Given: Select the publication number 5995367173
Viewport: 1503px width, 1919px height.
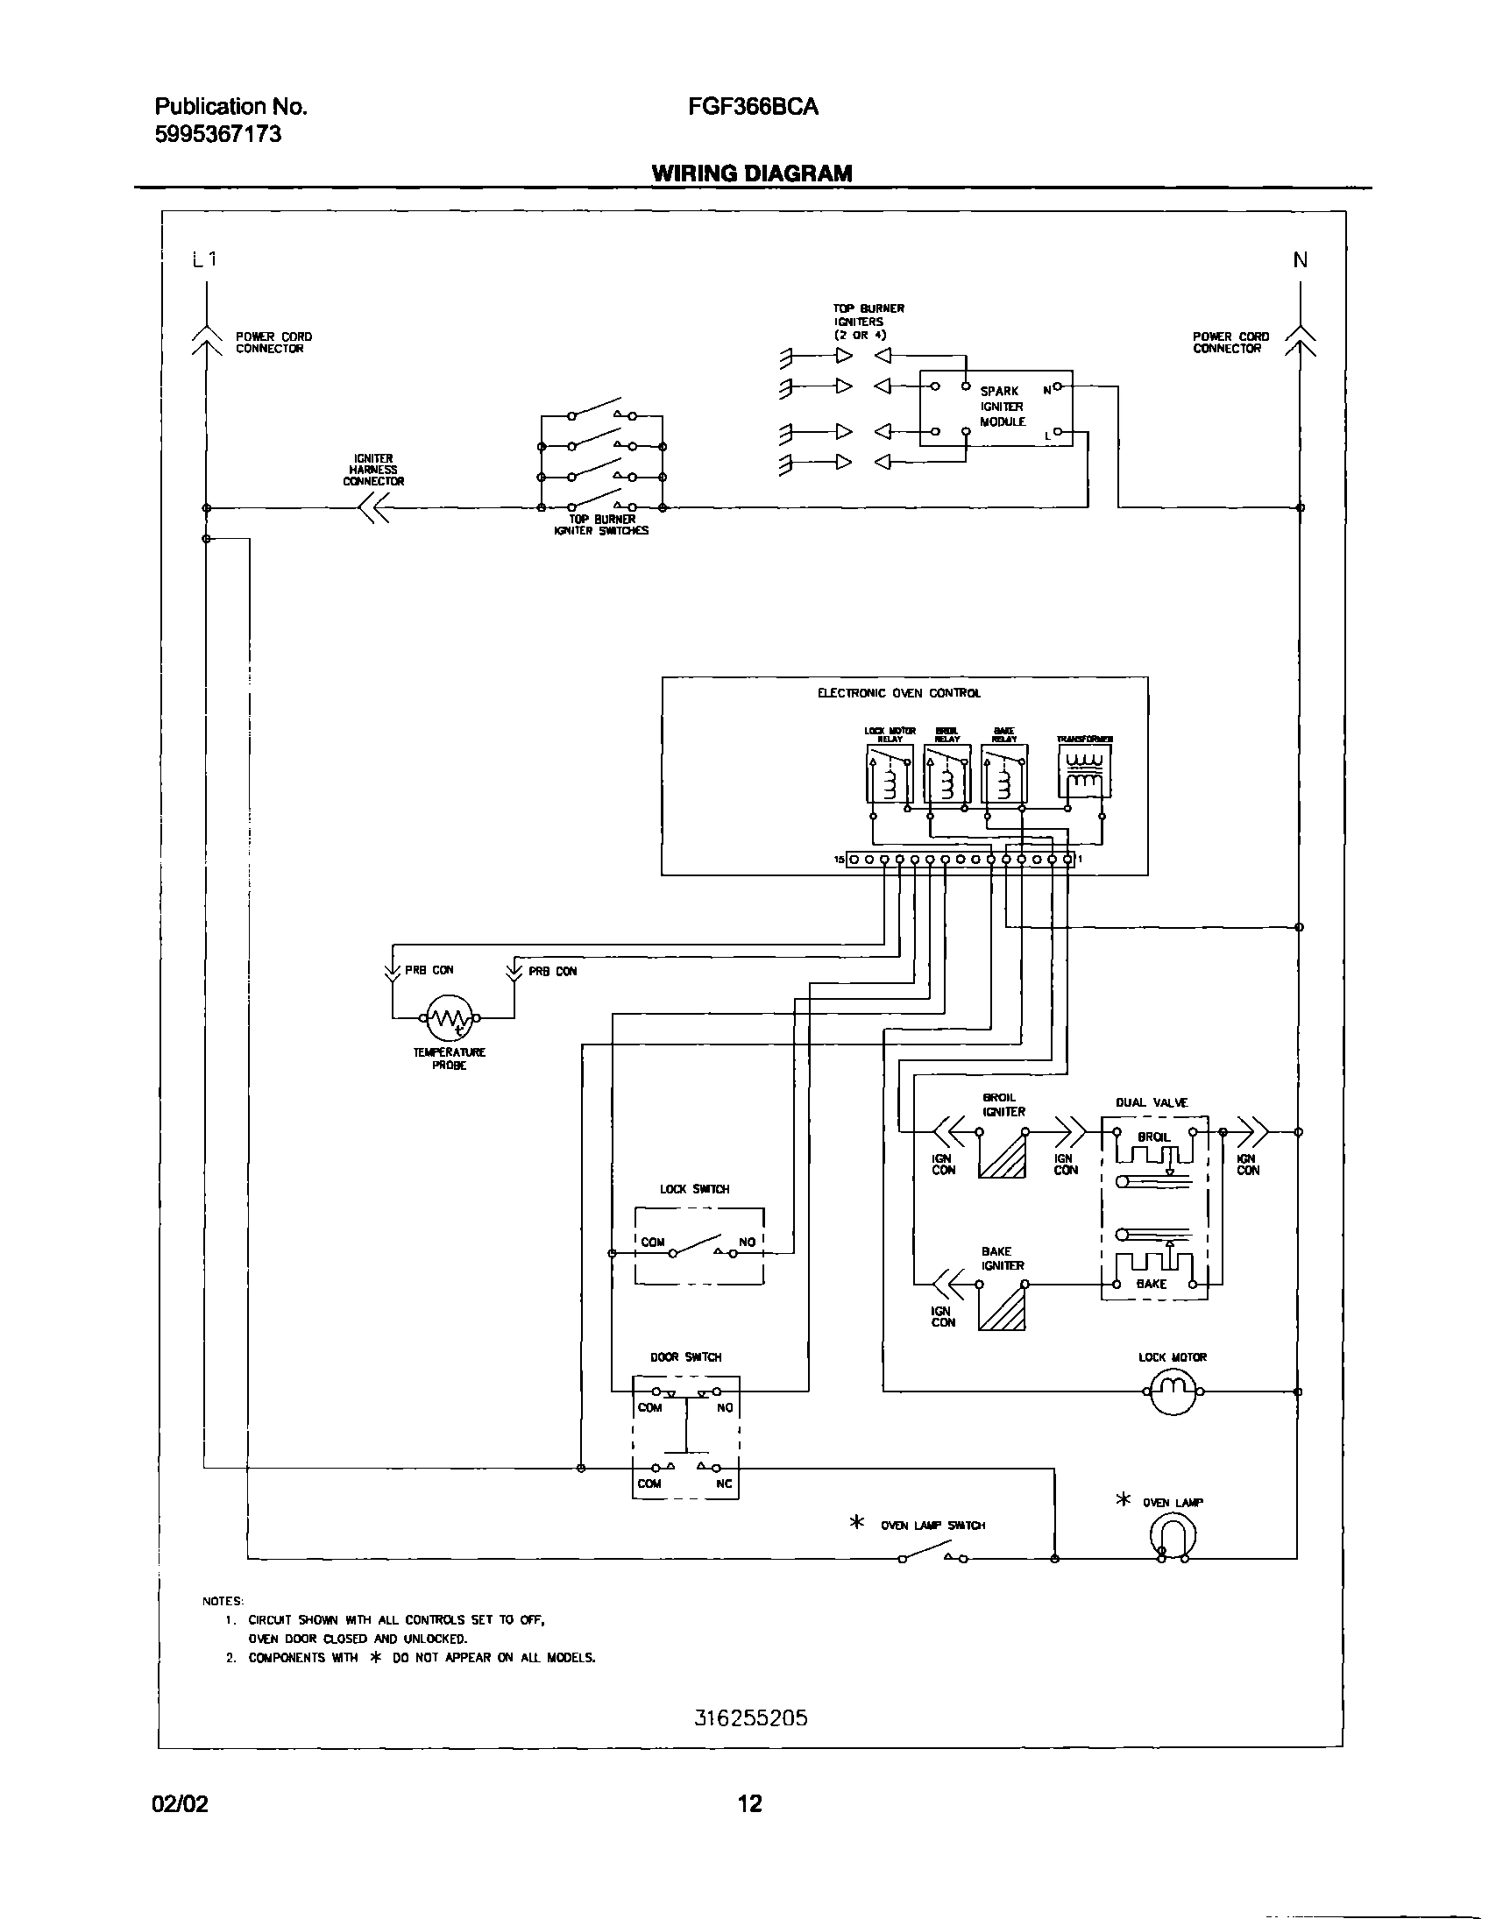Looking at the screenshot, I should coord(217,135).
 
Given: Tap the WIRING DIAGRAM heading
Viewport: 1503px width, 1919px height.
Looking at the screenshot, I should coord(752,173).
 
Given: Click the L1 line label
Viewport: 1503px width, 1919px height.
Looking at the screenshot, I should coord(204,259).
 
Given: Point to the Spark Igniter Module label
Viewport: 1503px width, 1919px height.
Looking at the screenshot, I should coord(1003,407).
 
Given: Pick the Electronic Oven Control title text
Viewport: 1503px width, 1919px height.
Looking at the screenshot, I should coord(898,693).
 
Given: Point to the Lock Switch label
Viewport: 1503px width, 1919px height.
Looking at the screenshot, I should coord(694,1190).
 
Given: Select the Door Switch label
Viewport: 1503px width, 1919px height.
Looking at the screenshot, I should coord(685,1357).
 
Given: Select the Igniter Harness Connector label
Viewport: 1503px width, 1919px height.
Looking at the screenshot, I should coord(373,470).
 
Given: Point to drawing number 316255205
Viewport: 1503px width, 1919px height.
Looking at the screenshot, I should coord(749,1718).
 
